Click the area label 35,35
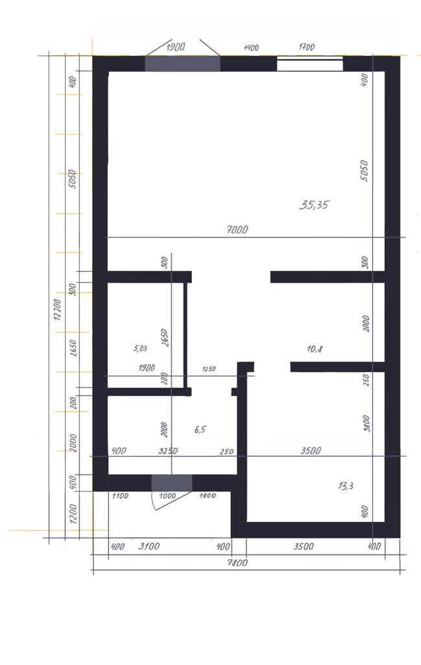coord(314,205)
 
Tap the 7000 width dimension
coord(237,230)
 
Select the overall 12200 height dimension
coord(58,310)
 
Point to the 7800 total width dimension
coord(237,563)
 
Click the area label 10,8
coord(315,349)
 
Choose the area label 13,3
coord(346,486)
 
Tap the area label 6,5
coord(200,430)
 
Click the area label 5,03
coord(140,349)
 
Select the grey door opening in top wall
coord(182,64)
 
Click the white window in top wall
coord(310,64)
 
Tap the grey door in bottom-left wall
coord(171,483)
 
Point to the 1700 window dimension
coord(307,47)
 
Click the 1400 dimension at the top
coord(251,48)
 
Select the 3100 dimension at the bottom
coord(149,546)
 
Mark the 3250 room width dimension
coord(168,451)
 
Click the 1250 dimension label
coord(209,369)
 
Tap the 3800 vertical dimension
coord(367,423)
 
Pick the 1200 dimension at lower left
coord(73,514)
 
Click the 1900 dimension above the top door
coord(175,47)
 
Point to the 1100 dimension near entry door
coord(120,496)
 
